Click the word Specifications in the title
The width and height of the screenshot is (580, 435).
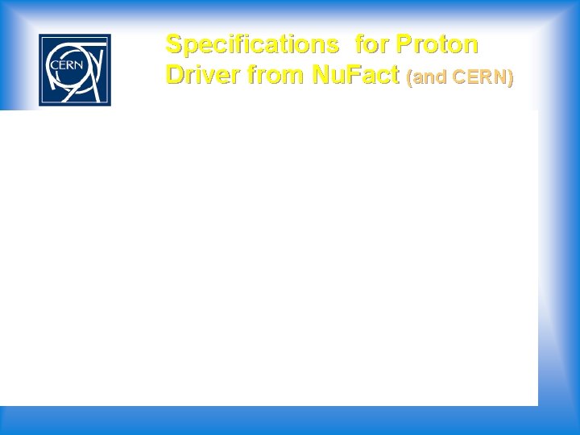coord(251,43)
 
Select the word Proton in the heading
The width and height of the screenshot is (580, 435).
coord(437,43)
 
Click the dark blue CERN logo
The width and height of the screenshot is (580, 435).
coord(75,70)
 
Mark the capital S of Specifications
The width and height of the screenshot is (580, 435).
coord(173,43)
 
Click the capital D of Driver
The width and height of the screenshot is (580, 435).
coord(174,75)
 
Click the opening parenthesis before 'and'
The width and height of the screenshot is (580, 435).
coord(411,78)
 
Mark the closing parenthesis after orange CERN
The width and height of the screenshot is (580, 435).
coord(510,78)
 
